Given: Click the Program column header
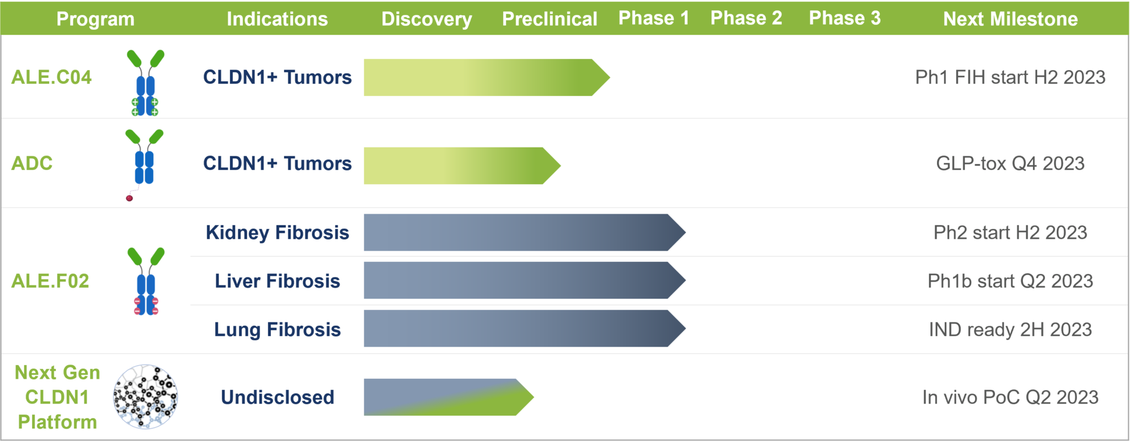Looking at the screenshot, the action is [95, 19].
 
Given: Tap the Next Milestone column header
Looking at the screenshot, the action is [1010, 19].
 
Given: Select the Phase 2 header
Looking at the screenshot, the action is [746, 18].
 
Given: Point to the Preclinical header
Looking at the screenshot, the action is [550, 19].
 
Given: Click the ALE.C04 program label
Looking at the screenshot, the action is [51, 77].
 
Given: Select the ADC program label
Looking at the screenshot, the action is [32, 163].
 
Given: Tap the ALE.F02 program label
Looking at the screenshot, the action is [50, 281].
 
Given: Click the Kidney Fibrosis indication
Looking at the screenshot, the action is [278, 232].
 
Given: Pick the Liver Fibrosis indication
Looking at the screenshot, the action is [278, 281].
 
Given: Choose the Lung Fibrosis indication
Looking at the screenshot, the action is [278, 330].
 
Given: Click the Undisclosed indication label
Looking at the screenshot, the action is [278, 398].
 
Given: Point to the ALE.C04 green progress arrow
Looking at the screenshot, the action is [487, 77].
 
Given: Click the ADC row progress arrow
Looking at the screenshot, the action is [462, 166].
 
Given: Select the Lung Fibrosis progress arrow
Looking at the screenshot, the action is [525, 329].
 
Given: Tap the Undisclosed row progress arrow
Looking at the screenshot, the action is [449, 397].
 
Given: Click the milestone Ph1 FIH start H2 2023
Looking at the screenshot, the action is [1010, 77].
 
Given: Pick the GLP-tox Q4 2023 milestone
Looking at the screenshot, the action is [1010, 163].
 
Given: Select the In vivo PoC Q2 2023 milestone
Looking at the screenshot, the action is [1010, 398].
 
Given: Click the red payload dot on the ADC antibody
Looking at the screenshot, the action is [129, 198].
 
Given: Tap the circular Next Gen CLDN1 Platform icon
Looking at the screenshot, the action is [146, 396].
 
